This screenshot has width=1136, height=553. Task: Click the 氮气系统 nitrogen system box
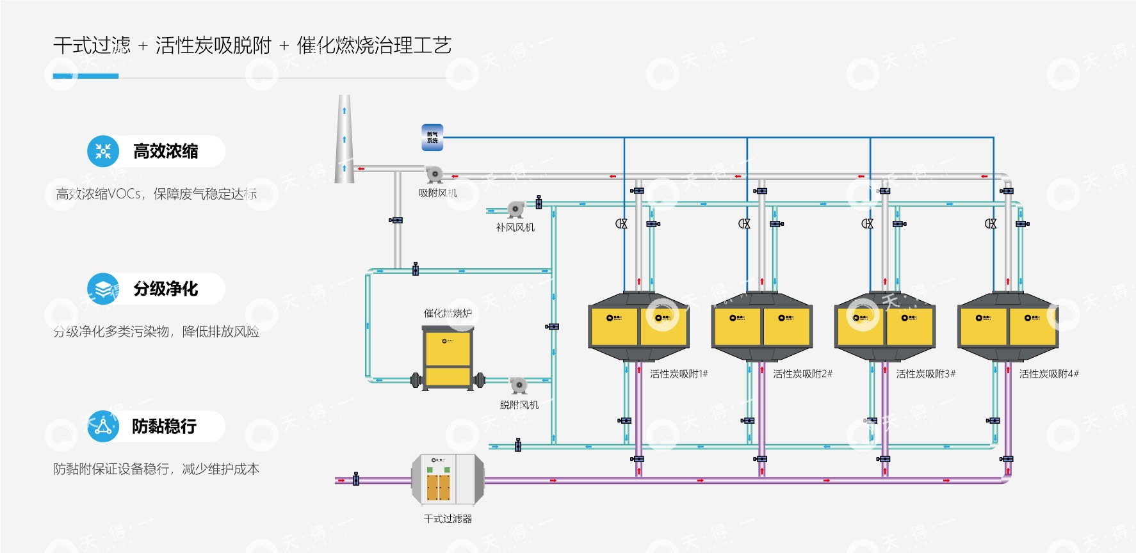[x=432, y=138]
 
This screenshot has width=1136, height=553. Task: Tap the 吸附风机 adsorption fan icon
[x=434, y=174]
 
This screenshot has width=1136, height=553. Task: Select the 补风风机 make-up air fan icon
[x=515, y=209]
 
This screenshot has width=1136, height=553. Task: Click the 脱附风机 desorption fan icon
[x=518, y=385]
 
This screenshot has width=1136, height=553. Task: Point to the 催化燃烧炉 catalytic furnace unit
[x=448, y=357]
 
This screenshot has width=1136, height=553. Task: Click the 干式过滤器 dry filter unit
[x=448, y=479]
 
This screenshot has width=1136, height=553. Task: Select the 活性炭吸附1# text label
[x=679, y=374]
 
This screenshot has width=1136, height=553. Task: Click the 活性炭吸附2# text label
[x=802, y=374]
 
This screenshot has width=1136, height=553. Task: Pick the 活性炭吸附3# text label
[x=925, y=374]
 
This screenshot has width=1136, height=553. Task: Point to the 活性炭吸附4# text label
[x=1049, y=374]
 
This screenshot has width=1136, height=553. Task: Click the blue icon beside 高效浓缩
[x=103, y=151]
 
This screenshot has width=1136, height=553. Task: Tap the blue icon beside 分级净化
[x=103, y=289]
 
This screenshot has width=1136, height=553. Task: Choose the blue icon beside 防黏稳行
[x=103, y=426]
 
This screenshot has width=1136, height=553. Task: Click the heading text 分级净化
[x=166, y=289]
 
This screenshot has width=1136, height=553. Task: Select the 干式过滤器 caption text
[x=448, y=518]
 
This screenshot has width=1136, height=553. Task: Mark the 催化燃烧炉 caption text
[x=448, y=313]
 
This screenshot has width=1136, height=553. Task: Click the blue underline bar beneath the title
[x=86, y=76]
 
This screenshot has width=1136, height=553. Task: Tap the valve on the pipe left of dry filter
[x=356, y=479]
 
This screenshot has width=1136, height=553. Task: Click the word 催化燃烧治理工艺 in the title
[x=374, y=45]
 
